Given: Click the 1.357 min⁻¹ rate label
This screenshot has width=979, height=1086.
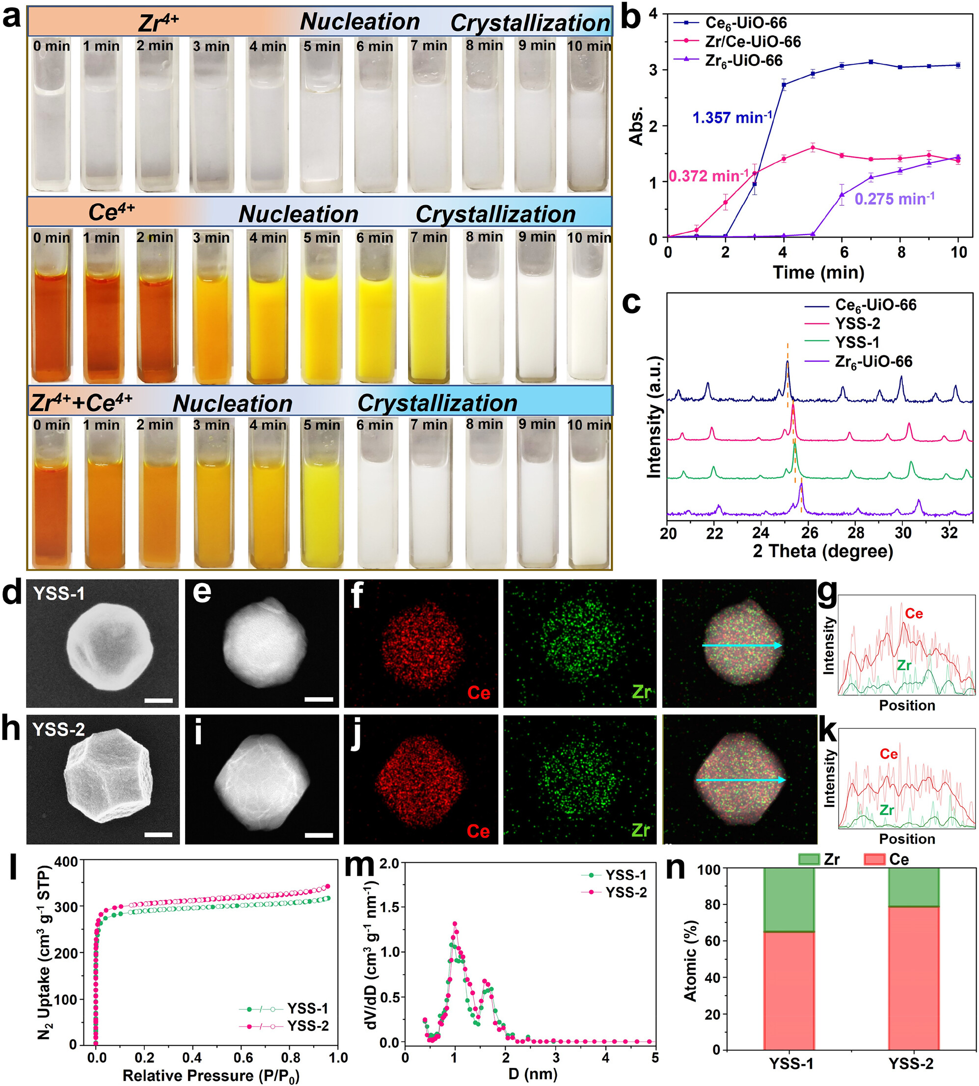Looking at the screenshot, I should point(732,117).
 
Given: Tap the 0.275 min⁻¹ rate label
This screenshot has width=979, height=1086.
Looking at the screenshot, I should point(895,199).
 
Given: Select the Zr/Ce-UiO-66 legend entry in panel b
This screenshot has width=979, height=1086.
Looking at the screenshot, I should point(752,41).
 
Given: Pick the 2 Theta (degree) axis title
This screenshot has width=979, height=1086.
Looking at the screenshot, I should point(822,551).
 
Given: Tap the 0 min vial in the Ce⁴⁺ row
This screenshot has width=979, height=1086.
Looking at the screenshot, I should point(51,312).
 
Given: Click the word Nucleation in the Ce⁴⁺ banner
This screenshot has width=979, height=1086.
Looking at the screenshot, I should point(299,214).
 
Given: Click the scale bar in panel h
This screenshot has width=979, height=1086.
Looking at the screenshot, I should point(158,834).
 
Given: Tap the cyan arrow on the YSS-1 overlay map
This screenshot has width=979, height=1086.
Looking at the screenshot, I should point(742,646).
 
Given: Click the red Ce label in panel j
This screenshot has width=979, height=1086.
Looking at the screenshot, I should point(478,831).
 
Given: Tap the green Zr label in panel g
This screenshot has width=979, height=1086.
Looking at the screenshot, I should point(904,665).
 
